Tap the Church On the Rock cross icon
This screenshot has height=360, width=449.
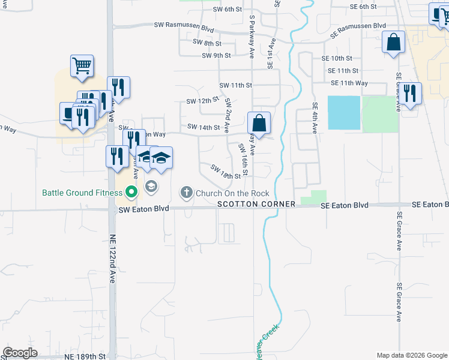point(186,193)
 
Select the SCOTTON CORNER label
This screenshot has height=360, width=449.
point(256,204)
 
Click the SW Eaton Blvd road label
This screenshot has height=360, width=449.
point(144,209)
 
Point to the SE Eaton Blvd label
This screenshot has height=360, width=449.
point(344,205)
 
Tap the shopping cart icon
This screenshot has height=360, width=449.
point(82,65)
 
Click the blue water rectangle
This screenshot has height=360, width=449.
point(344,112)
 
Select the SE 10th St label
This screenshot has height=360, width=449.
point(336,58)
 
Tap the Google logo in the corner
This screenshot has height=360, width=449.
point(20,353)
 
